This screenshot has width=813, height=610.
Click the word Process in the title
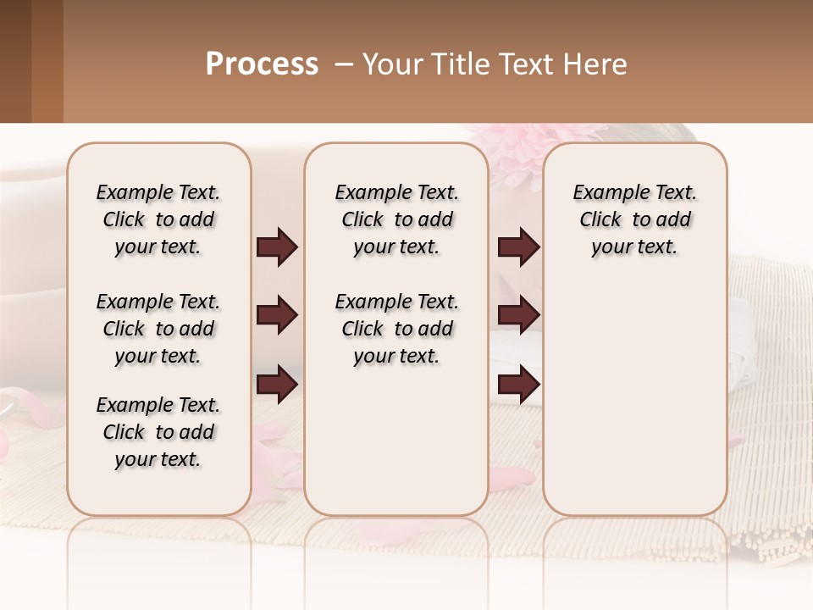point(262,64)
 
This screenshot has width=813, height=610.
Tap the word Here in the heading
point(596,64)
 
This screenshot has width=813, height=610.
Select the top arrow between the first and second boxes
point(277,247)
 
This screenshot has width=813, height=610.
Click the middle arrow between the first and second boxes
point(277,316)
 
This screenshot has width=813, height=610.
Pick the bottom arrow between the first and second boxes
point(277,385)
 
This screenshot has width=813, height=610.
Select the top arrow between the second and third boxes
point(518,247)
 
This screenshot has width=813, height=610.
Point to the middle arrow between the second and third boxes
point(518,316)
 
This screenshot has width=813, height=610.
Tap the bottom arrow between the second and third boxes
point(518,385)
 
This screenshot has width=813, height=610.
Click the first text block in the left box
point(158,219)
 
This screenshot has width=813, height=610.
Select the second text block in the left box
point(158,329)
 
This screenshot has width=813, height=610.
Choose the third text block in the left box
point(158,432)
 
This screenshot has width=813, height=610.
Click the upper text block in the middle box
point(396,219)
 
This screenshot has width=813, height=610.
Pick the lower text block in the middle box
point(396,329)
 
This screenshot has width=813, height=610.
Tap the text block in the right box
point(634,219)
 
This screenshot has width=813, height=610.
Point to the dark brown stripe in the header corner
point(15,61)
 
